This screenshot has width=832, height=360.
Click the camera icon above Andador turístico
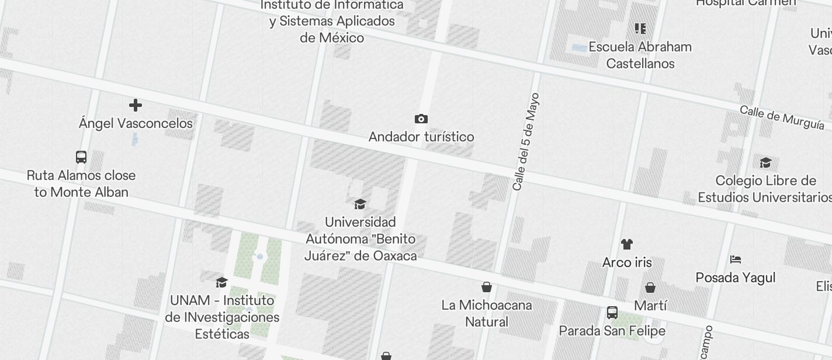(x=421, y=119)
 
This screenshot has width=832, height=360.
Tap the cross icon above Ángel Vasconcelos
(x=136, y=105)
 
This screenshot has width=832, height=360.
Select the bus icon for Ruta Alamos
(x=81, y=157)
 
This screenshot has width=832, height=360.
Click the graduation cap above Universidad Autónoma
(x=360, y=204)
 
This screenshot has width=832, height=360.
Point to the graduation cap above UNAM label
(x=221, y=283)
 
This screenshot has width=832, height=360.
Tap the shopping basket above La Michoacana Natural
(x=486, y=287)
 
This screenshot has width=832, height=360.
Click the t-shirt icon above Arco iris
(x=627, y=244)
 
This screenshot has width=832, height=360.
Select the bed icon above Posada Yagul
(x=736, y=259)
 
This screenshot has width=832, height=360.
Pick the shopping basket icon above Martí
(x=650, y=288)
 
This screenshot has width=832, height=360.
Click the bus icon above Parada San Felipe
(x=612, y=313)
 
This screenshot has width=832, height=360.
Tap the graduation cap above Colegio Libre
(x=765, y=163)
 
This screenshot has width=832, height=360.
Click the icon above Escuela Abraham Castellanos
(x=640, y=29)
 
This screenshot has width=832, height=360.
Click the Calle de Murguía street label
(x=782, y=117)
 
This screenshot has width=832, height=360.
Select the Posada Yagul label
(x=736, y=278)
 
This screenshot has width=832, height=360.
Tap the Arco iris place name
(x=627, y=262)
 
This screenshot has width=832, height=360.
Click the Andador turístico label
(x=421, y=137)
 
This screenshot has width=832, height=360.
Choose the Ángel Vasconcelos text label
(x=136, y=123)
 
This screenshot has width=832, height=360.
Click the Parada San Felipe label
(x=612, y=331)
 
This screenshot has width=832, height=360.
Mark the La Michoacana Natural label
(x=486, y=313)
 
